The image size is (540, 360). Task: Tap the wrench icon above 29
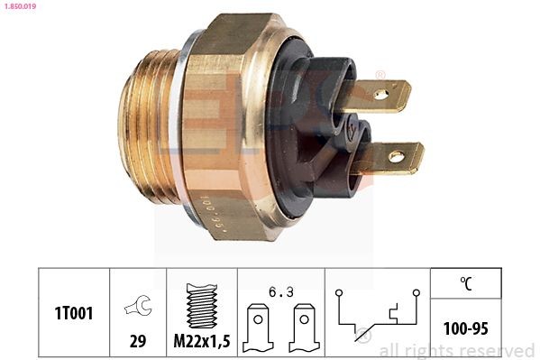point(137,307)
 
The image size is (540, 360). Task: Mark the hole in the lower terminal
point(396,158)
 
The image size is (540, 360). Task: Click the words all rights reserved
point(456,350)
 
